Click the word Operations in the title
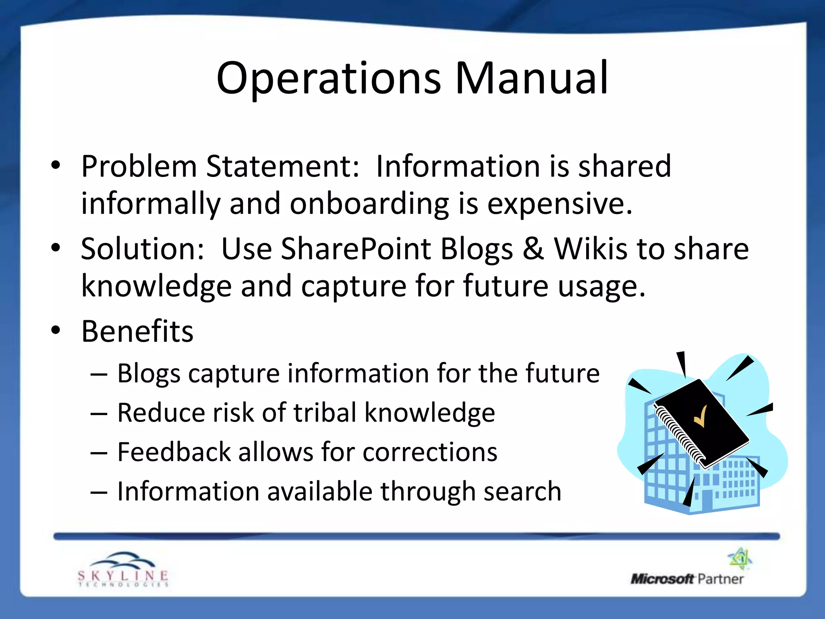coord(328,79)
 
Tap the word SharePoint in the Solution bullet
coord(356,249)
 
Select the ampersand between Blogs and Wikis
coord(533,249)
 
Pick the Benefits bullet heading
coord(137,331)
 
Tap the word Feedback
coord(174,452)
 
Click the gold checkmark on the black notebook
coord(700,416)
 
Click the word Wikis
coord(591,249)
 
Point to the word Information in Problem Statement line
coord(458,166)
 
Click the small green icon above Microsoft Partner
coord(740,558)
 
